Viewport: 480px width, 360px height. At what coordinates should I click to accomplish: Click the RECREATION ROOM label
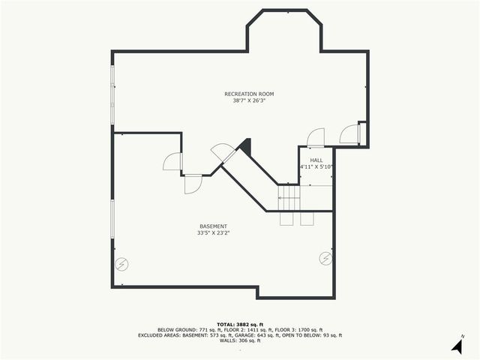[x=249, y=94]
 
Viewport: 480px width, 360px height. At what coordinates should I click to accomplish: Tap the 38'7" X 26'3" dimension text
[x=249, y=100]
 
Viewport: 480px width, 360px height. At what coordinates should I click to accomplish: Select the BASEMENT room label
[x=213, y=226]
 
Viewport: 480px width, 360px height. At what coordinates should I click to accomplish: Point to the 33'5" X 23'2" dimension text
[x=213, y=233]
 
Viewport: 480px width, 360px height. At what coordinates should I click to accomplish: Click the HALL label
[x=316, y=160]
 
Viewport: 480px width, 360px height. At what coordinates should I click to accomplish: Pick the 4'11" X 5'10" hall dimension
[x=316, y=166]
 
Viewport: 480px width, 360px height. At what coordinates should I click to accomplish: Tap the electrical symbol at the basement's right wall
[x=325, y=258]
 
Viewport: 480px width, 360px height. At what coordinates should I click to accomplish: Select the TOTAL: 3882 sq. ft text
[x=240, y=323]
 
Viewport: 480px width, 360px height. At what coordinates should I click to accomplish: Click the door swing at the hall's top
[x=316, y=137]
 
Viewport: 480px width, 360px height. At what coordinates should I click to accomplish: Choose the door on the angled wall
[x=221, y=151]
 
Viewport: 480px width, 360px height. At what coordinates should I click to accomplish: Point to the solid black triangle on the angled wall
[x=244, y=146]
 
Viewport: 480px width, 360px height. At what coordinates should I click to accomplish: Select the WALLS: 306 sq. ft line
[x=240, y=341]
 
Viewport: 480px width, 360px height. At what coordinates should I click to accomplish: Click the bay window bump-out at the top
[x=284, y=30]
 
